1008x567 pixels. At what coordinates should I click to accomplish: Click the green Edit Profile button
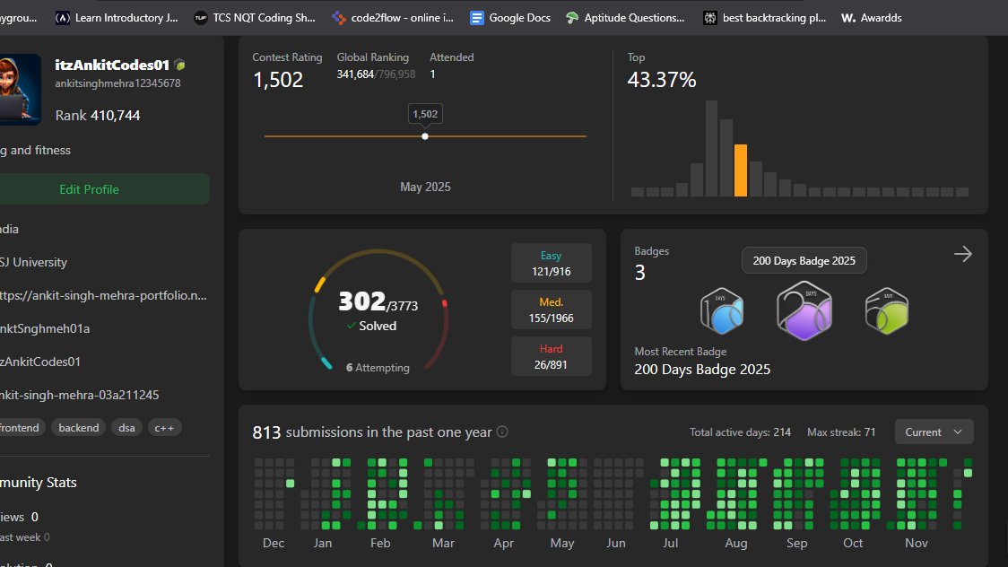tap(89, 189)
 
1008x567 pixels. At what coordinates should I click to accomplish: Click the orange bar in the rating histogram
tap(740, 170)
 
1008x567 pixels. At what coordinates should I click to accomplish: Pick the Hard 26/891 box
tap(551, 356)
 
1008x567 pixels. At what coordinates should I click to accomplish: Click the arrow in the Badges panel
tap(962, 255)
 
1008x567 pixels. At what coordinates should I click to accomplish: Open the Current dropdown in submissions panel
tap(934, 432)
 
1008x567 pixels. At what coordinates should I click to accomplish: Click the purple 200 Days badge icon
tap(804, 311)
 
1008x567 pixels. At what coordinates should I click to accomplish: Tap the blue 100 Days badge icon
tap(723, 311)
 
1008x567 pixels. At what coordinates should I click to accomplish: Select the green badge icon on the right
tap(885, 311)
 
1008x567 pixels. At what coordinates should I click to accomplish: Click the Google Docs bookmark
tap(510, 17)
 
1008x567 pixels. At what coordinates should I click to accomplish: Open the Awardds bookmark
tap(872, 17)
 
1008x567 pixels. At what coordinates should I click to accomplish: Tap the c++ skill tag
tap(164, 428)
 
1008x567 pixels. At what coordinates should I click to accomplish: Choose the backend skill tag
tap(79, 428)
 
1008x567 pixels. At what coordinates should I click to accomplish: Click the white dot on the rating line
tap(425, 136)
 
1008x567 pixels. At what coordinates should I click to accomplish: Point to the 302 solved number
tap(361, 301)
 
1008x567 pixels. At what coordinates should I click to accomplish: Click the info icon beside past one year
tap(502, 432)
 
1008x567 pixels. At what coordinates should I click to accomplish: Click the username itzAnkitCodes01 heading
tap(112, 65)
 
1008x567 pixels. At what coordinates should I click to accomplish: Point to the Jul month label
tap(669, 543)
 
